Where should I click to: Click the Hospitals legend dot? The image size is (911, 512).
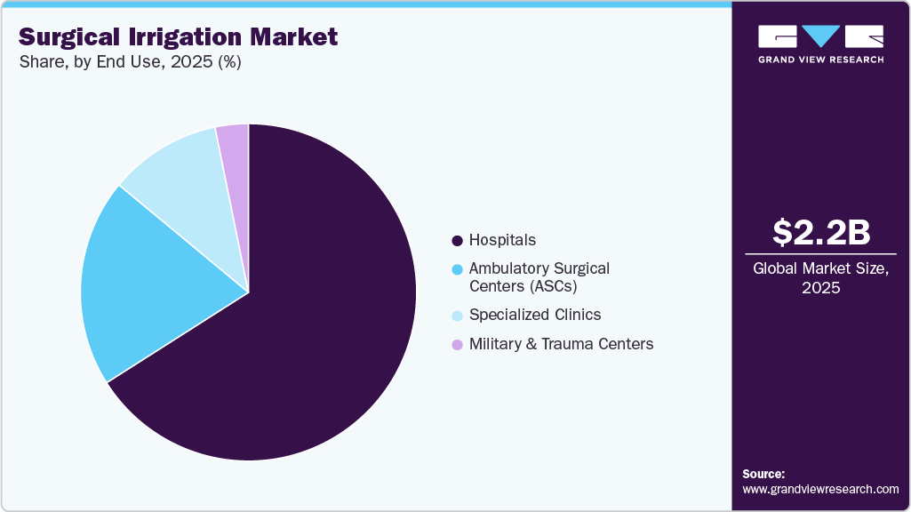point(457,241)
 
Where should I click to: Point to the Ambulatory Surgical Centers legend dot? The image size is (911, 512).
point(457,268)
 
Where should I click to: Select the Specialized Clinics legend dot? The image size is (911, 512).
point(457,316)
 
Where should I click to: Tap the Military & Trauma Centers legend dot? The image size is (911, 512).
point(457,344)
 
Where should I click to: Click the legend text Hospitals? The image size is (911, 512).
point(502,240)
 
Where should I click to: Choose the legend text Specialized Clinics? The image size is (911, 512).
point(535,315)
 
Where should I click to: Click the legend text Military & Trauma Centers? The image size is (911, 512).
point(561,344)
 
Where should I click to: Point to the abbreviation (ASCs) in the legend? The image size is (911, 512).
point(524,286)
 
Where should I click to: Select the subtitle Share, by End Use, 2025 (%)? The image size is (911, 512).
point(130,62)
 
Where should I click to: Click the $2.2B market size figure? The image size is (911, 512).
point(820,232)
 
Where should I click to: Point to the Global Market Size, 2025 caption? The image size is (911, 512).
point(820,278)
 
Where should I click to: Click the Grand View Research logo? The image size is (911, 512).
point(820,43)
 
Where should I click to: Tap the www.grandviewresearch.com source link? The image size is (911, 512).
point(820,489)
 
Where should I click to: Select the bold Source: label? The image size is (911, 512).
point(763,474)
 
